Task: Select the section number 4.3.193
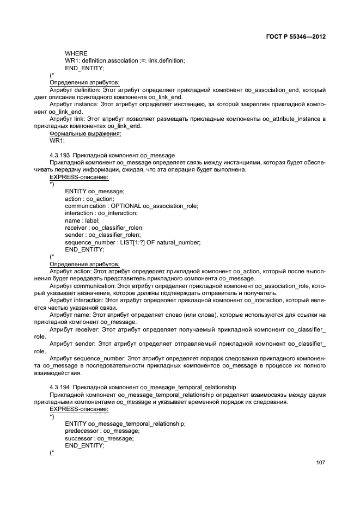pos(60,155)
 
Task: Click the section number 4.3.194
pos(60,387)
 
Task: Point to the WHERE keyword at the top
pos(76,53)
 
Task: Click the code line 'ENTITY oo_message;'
pos(95,191)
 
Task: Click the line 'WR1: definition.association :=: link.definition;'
pos(125,60)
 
